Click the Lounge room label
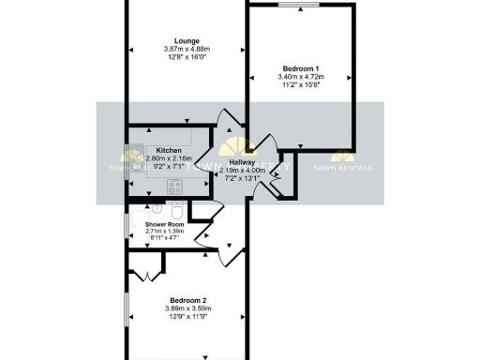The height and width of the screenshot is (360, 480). (x=186, y=41)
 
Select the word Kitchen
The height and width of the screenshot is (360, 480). (x=169, y=151)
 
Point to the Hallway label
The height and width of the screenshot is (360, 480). (x=242, y=162)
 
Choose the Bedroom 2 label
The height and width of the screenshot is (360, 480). (x=186, y=300)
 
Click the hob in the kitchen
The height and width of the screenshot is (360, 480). (x=174, y=186)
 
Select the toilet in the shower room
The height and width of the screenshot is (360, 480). (x=176, y=207)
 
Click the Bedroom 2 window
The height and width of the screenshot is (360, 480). (x=187, y=357)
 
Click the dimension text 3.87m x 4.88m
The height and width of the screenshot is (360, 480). (x=186, y=49)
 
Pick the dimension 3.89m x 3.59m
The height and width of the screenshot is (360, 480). (x=186, y=308)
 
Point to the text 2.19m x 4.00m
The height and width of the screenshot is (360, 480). (x=242, y=170)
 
